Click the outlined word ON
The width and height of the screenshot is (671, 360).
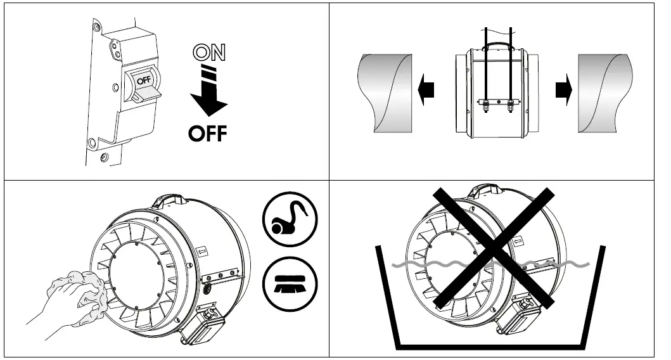[x=208, y=54]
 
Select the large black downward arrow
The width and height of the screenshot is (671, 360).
[x=208, y=95]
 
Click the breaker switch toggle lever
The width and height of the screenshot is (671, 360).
[x=146, y=94]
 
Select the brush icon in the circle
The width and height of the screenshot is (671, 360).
[x=290, y=285]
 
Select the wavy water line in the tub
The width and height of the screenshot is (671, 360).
[x=558, y=263]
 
